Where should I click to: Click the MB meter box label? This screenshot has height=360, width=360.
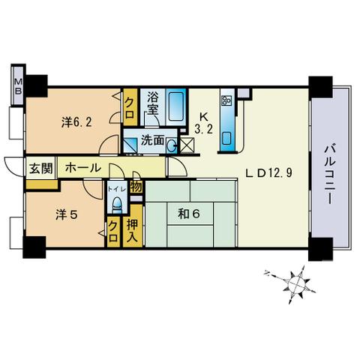click(18, 85)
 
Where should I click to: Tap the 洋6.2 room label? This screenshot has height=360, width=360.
click(76, 122)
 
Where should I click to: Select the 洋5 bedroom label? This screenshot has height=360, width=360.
click(67, 214)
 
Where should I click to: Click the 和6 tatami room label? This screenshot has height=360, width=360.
click(189, 214)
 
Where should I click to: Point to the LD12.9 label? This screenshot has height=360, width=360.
click(268, 172)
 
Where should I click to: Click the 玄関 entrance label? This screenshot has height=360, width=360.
click(41, 168)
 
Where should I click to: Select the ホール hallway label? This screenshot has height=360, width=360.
click(83, 168)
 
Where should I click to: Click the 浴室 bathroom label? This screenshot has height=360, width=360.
click(153, 103)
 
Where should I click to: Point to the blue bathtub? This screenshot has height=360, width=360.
click(176, 107)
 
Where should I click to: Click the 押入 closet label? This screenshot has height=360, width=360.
click(132, 230)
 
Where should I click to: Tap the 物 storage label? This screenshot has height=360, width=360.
click(136, 187)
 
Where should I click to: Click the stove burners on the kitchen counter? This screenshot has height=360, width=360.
click(227, 100)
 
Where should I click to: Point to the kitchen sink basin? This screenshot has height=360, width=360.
click(226, 139)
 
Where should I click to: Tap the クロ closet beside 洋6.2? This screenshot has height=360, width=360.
click(130, 108)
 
